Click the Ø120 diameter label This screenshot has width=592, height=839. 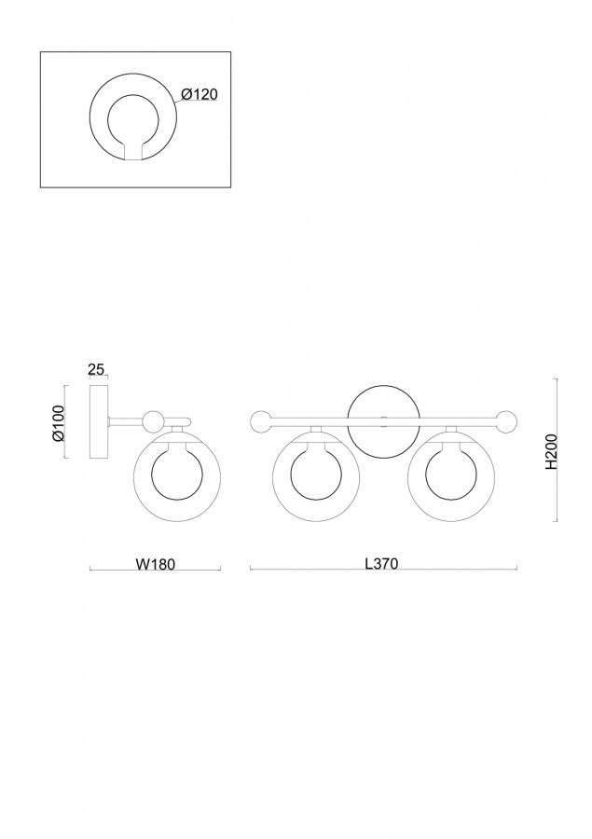point(200,94)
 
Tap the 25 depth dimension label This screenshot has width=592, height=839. point(95,369)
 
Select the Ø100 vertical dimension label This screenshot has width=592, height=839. point(58,422)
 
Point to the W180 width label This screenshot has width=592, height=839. point(156,564)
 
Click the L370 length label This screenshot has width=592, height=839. point(381,563)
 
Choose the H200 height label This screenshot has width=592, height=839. point(551,451)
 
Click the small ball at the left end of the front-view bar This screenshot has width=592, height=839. point(262,421)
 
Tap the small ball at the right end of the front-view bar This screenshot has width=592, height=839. point(506,421)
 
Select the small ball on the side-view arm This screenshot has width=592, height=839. point(153,421)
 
